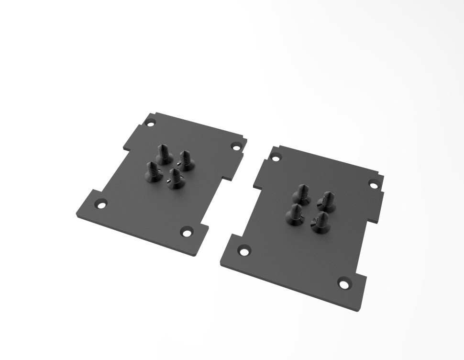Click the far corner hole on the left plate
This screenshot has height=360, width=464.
pyautogui.click(x=151, y=123)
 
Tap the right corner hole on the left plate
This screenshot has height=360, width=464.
pyautogui.click(x=236, y=146)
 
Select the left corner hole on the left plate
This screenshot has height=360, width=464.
pyautogui.click(x=101, y=204)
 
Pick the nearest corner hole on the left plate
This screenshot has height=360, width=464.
pyautogui.click(x=186, y=232)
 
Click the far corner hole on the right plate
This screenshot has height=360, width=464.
pyautogui.click(x=275, y=156)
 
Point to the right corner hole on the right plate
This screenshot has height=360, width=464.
pyautogui.click(x=373, y=183)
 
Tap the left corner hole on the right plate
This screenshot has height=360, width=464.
pyautogui.click(x=244, y=250)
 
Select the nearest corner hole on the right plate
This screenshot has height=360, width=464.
pyautogui.click(x=344, y=283)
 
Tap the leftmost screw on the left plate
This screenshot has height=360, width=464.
pyautogui.click(x=153, y=172)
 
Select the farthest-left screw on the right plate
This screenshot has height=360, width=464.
pyautogui.click(x=301, y=193)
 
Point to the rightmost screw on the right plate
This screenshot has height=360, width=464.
pyautogui.click(x=327, y=202)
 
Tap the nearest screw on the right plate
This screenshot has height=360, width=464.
pyautogui.click(x=321, y=224)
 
